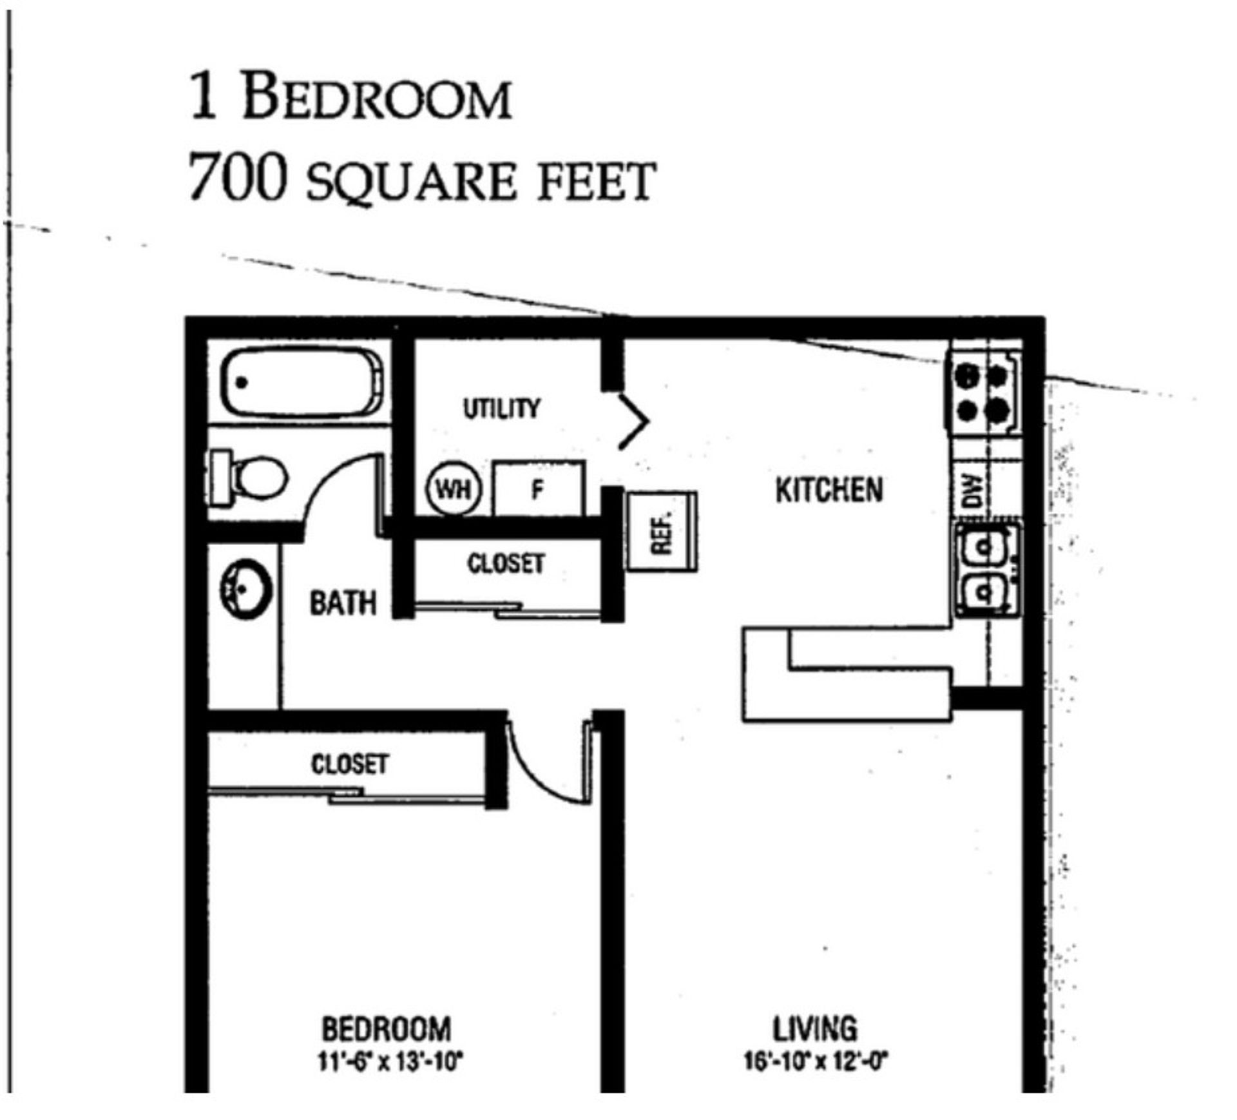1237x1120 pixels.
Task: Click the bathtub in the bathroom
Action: point(301,382)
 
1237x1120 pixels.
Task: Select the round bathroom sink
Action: point(245,589)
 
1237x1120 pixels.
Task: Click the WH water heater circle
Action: point(454,490)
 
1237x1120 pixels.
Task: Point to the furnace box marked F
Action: point(539,490)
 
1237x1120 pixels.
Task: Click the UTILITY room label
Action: point(501,409)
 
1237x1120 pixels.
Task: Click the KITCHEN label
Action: point(829,490)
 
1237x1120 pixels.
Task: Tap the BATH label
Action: point(343,604)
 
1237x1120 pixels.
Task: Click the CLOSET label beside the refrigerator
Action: point(506,565)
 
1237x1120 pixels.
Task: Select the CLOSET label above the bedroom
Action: point(350,765)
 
